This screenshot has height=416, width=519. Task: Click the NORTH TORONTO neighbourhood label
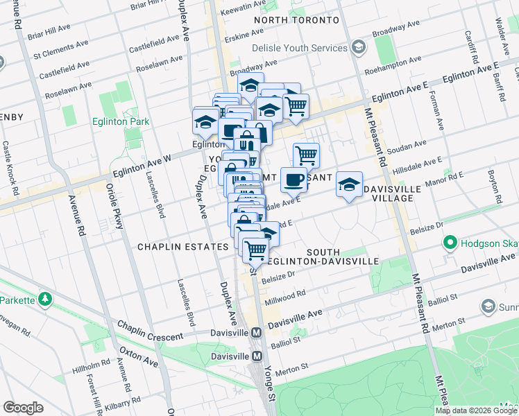tap(296, 20)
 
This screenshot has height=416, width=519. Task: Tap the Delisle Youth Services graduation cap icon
tap(359, 48)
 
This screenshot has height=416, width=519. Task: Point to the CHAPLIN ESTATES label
tap(182, 247)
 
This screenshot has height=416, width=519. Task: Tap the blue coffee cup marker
tap(293, 179)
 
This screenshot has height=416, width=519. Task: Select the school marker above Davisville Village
tap(349, 184)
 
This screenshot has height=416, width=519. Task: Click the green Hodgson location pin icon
tap(450, 243)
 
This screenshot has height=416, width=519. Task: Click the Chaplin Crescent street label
tap(149, 330)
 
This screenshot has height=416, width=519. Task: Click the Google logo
tap(23, 408)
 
